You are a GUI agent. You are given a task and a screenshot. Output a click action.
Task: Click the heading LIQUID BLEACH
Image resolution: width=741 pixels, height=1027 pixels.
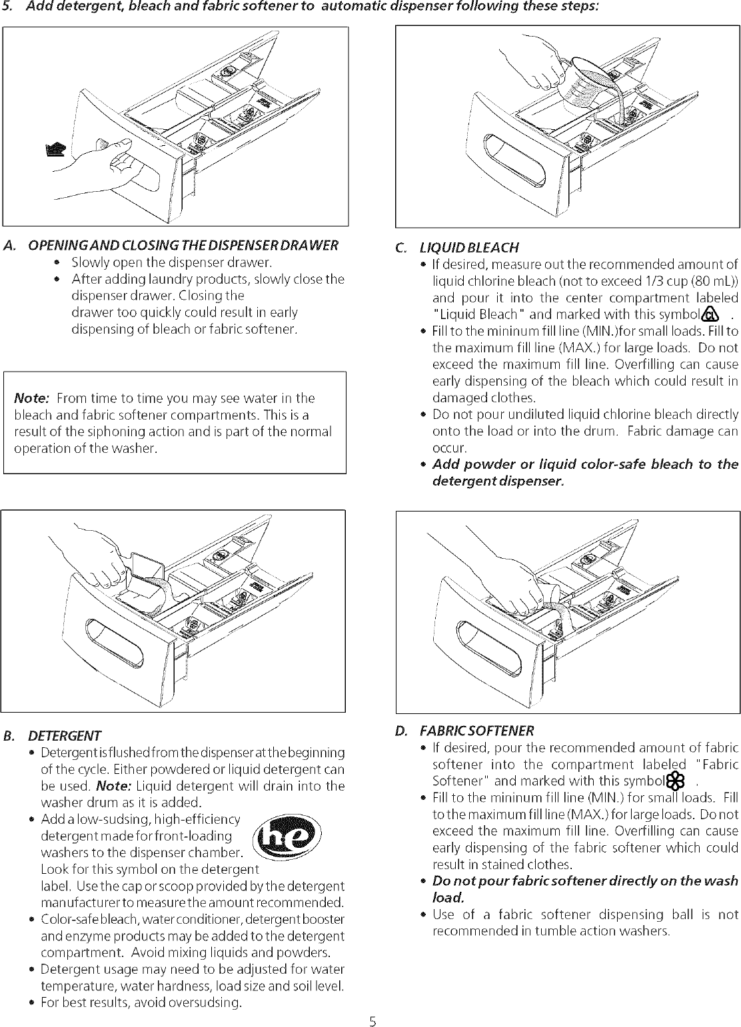click(468, 248)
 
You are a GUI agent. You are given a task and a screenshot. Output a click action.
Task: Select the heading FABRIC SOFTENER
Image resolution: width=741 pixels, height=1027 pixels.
click(476, 731)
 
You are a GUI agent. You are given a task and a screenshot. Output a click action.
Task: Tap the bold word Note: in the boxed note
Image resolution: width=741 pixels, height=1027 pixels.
click(31, 398)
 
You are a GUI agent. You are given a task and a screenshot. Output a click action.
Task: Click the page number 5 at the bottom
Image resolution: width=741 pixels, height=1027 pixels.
click(374, 1018)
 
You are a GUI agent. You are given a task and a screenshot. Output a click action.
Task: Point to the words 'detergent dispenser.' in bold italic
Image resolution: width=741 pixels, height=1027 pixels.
click(497, 481)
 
